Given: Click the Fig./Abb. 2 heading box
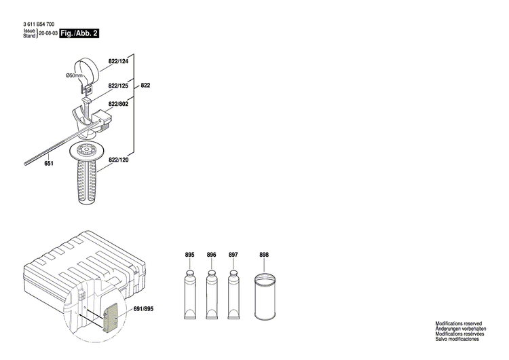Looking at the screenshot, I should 79,33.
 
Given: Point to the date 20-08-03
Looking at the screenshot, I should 48,33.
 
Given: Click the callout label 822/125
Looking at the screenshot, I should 118,86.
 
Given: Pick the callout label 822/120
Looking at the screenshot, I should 118,161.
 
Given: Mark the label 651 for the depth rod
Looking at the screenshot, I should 48,164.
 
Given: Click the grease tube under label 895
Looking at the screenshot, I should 189,292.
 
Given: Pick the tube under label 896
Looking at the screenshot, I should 211,292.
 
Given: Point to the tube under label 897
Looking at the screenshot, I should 233,292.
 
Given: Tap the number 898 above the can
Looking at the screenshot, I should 264,255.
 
